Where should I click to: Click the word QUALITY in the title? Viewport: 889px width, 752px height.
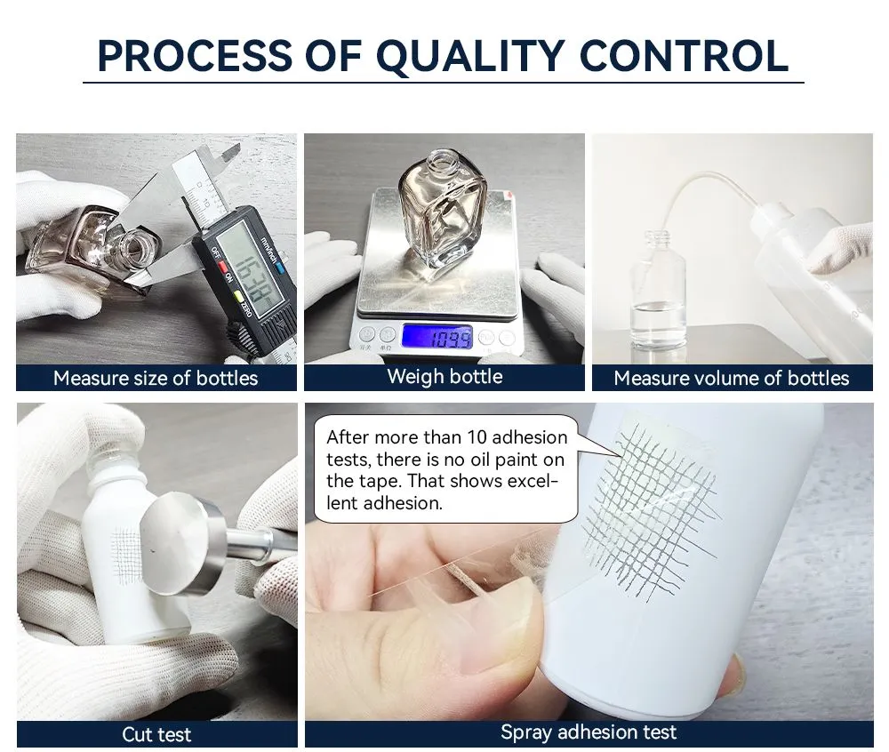pyautogui.click(x=470, y=57)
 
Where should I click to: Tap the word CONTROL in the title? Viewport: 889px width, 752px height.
pyautogui.click(x=684, y=56)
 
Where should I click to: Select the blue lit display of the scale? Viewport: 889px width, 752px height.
pyautogui.click(x=437, y=337)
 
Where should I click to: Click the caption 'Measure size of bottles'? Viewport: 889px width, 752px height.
pyautogui.click(x=156, y=378)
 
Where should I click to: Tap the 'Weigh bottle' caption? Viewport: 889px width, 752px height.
pyautogui.click(x=444, y=376)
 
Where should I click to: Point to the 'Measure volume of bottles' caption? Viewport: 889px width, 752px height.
pyautogui.click(x=732, y=378)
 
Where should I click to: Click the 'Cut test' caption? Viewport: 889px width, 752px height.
pyautogui.click(x=156, y=734)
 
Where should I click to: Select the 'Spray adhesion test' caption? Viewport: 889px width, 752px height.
pyautogui.click(x=589, y=732)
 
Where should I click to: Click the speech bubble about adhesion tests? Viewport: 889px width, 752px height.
pyautogui.click(x=445, y=469)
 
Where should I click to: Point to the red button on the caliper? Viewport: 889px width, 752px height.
pyautogui.click(x=223, y=267)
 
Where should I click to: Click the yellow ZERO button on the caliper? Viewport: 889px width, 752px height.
pyautogui.click(x=238, y=295)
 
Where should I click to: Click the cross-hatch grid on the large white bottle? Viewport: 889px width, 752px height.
pyautogui.click(x=651, y=509)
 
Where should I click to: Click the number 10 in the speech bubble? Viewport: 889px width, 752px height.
pyautogui.click(x=477, y=437)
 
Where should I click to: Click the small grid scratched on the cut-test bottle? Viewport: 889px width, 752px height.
pyautogui.click(x=126, y=556)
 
